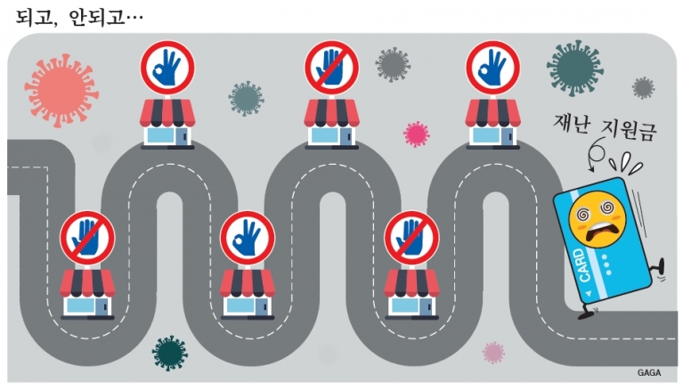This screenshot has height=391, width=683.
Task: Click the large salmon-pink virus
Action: tap(61, 91)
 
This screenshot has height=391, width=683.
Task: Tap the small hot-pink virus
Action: tap(416, 134)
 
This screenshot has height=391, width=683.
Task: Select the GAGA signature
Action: tap(649, 372)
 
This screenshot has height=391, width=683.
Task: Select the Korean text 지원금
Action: tap(628, 129)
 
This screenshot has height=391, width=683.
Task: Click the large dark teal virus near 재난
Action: tap(575, 66)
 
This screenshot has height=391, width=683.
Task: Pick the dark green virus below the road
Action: tap(170, 353)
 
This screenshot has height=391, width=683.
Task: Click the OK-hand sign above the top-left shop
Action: tap(167, 68)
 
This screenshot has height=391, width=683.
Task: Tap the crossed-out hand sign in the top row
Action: tap(331, 68)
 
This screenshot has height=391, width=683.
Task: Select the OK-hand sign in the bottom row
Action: tap(248, 238)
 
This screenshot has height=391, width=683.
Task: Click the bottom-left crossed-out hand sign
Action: tap(87, 238)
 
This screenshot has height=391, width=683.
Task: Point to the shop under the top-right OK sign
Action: tap(492, 124)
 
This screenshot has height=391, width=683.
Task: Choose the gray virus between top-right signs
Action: tap(393, 65)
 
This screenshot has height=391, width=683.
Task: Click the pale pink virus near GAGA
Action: tap(493, 353)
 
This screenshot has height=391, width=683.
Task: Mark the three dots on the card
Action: tap(606, 265)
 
